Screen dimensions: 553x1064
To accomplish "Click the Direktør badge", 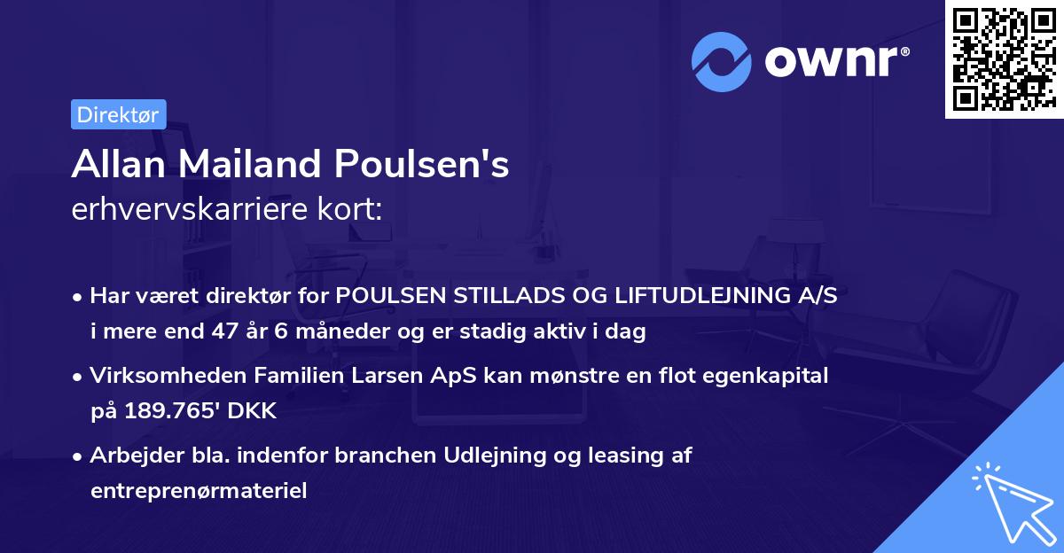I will point(118,114).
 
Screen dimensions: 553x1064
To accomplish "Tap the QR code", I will point(1002,59).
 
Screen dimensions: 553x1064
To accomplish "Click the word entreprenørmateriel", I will point(198,491).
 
